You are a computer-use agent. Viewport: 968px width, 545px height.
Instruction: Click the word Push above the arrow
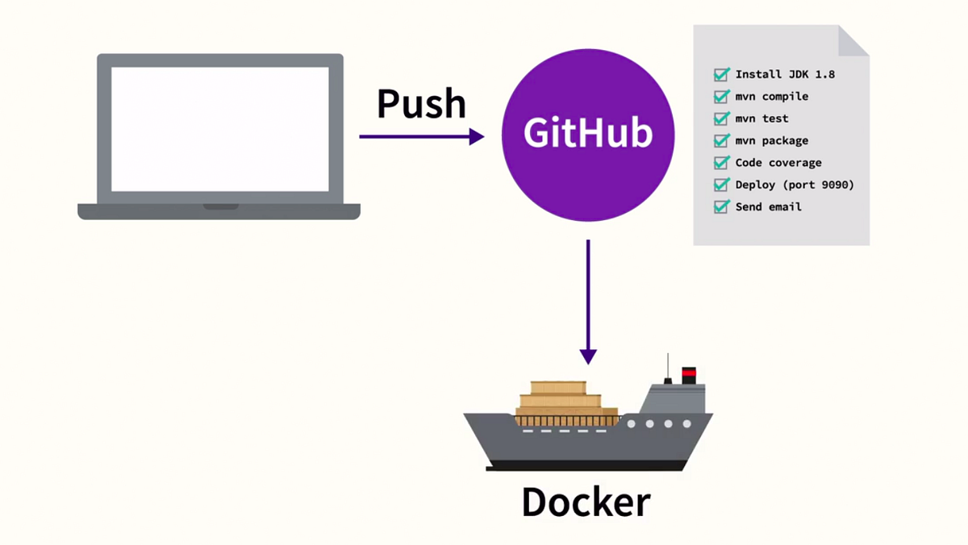[421, 104]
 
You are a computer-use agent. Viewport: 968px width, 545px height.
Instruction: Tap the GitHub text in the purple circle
[588, 132]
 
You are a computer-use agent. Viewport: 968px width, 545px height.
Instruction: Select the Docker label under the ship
[586, 501]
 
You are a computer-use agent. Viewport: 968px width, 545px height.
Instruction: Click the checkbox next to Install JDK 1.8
[721, 74]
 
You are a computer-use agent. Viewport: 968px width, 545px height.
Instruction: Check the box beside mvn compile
[721, 96]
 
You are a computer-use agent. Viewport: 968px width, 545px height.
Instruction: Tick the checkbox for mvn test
[721, 119]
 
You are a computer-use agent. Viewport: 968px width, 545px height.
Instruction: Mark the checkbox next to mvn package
[721, 140]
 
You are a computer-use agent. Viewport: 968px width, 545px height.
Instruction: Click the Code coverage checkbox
[721, 162]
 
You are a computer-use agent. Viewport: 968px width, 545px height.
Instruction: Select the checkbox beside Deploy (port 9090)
[721, 185]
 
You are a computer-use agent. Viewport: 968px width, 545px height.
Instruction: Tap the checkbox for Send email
[721, 207]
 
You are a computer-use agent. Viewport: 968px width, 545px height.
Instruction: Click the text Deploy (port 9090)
[795, 185]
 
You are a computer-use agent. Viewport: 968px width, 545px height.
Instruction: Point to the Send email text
[768, 207]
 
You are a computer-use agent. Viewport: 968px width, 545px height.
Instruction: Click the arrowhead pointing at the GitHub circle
[477, 136]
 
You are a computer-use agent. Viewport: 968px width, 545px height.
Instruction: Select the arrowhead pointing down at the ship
[588, 356]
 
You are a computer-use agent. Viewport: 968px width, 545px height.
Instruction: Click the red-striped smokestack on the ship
[689, 375]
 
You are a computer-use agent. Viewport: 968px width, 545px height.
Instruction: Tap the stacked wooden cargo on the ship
[566, 403]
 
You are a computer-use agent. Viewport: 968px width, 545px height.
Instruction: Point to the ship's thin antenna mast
[668, 368]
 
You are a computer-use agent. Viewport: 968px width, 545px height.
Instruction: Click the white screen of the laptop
[220, 129]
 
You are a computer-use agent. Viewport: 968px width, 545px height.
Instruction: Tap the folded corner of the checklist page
[853, 41]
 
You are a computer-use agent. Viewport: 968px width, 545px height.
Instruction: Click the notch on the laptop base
[221, 207]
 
